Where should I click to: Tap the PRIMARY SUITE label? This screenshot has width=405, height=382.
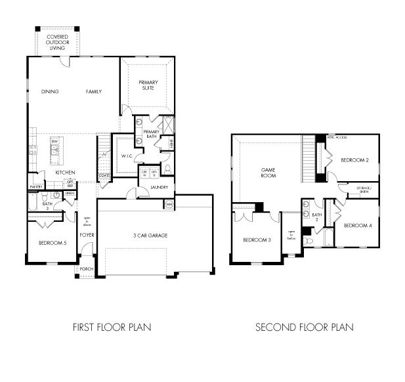pyautogui.click(x=147, y=85)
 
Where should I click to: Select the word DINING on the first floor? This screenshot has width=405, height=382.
pyautogui.click(x=50, y=92)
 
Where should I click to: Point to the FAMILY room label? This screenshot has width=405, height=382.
pyautogui.click(x=94, y=92)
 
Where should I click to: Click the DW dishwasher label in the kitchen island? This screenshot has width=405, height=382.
pyautogui.click(x=55, y=141)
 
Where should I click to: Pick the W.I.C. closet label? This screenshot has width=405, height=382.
pyautogui.click(x=127, y=156)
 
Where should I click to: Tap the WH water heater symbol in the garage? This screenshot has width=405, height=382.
pyautogui.click(x=169, y=205)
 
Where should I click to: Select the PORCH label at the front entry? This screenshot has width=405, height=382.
pyautogui.click(x=87, y=269)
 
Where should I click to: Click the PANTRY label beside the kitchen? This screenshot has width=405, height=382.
pyautogui.click(x=35, y=187)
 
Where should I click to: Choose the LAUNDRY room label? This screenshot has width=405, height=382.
pyautogui.click(x=160, y=187)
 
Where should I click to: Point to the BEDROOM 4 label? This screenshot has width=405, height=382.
pyautogui.click(x=358, y=225)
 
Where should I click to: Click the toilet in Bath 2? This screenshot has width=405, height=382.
pyautogui.click(x=309, y=241)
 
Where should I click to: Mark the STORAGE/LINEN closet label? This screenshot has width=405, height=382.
pyautogui.click(x=364, y=190)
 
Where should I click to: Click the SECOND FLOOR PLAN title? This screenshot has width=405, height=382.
pyautogui.click(x=304, y=326)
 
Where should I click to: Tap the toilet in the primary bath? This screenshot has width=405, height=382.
pyautogui.click(x=167, y=169)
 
